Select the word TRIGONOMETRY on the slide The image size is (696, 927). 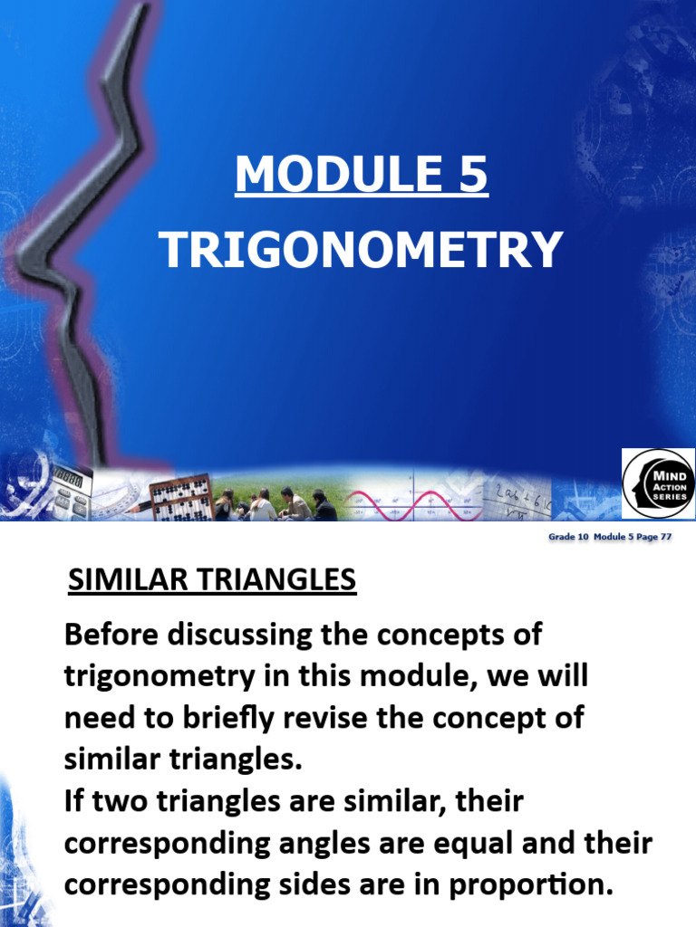[x=362, y=249]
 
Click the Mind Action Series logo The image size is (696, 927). [x=657, y=484]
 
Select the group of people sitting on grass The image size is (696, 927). [x=275, y=504]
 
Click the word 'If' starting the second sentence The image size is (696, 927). [x=75, y=800]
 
